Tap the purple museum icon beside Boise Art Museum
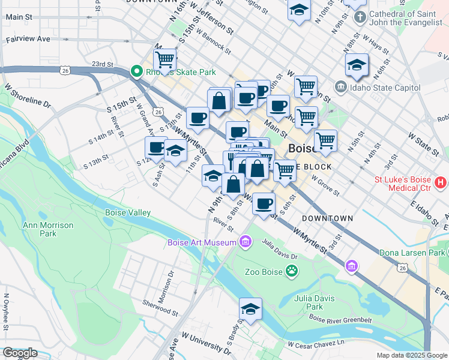[x=245, y=242]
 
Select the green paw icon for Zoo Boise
[x=292, y=271]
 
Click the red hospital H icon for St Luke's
[x=441, y=181]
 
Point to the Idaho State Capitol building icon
[x=341, y=88]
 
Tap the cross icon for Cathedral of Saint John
[x=359, y=16]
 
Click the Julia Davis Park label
[x=309, y=302]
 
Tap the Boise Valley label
[x=128, y=212]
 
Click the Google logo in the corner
[x=19, y=353]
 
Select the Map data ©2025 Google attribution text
[x=411, y=355]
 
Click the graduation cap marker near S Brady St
[x=250, y=309]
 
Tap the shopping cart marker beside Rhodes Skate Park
[x=164, y=60]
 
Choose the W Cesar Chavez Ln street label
[x=316, y=345]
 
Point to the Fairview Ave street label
[x=28, y=38]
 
